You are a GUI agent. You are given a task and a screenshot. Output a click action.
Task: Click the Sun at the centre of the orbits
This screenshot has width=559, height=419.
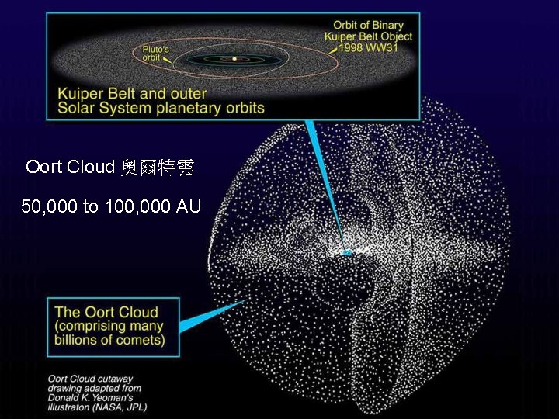(x=234, y=59)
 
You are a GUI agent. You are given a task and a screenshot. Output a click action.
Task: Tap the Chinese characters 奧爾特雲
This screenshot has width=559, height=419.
(x=158, y=168)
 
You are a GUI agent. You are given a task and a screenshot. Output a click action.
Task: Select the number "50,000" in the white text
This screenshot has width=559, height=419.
(x=48, y=206)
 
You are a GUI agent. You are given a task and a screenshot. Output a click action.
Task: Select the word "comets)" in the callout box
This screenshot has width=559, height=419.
(x=139, y=339)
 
